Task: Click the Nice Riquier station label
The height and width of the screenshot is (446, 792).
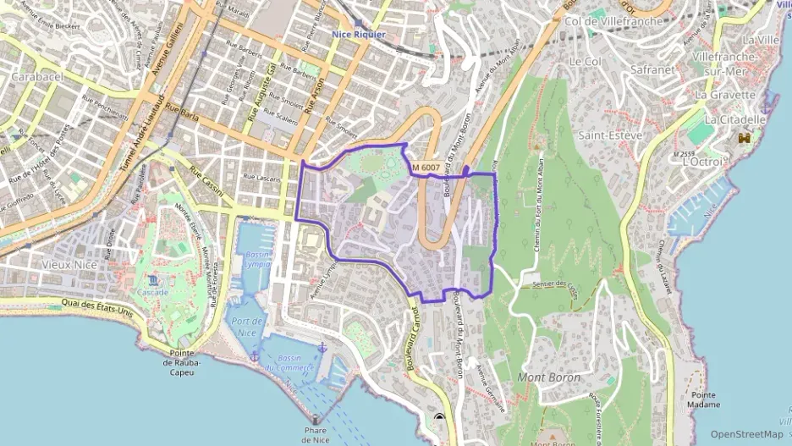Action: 358,35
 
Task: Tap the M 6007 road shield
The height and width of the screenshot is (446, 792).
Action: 426,168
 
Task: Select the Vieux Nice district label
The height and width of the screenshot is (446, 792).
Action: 69,264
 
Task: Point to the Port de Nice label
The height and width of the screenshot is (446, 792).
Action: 247,327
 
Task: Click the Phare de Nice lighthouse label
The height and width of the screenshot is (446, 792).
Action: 315,434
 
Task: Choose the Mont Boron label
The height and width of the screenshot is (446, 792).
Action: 548,377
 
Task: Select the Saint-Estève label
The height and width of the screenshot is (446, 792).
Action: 609,135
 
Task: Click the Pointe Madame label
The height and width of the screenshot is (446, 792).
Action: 705,399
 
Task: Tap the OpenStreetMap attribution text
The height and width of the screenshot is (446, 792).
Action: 746,434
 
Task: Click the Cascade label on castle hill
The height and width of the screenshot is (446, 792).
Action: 153,292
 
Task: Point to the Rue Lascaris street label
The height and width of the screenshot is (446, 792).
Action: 261,177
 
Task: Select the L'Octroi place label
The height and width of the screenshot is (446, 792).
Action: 701,161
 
